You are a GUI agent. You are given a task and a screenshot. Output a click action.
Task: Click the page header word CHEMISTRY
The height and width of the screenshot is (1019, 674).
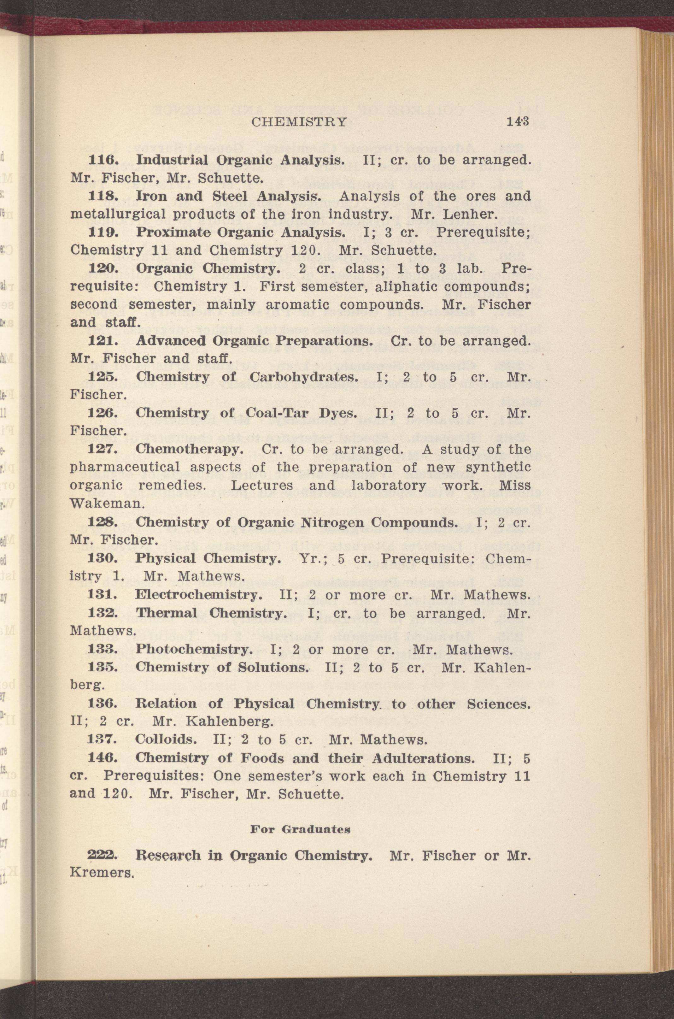[x=299, y=122]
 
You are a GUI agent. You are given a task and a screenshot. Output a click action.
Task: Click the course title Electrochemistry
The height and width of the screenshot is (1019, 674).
[x=198, y=595]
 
